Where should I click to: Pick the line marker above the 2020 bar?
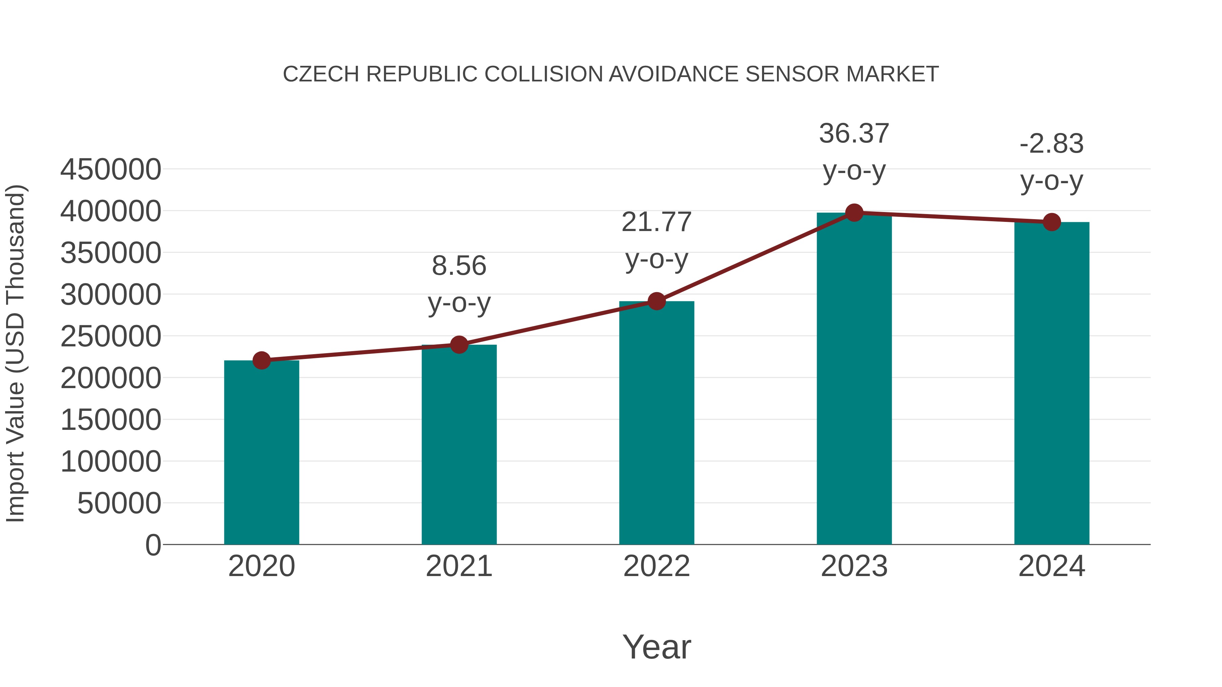261,360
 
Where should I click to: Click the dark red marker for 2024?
1052,222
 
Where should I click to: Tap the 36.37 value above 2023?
854,134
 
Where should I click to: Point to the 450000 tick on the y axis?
111,169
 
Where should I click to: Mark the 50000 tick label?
119,503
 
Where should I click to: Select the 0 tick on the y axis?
153,545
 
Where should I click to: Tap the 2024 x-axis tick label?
1052,566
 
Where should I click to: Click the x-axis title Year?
656,647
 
